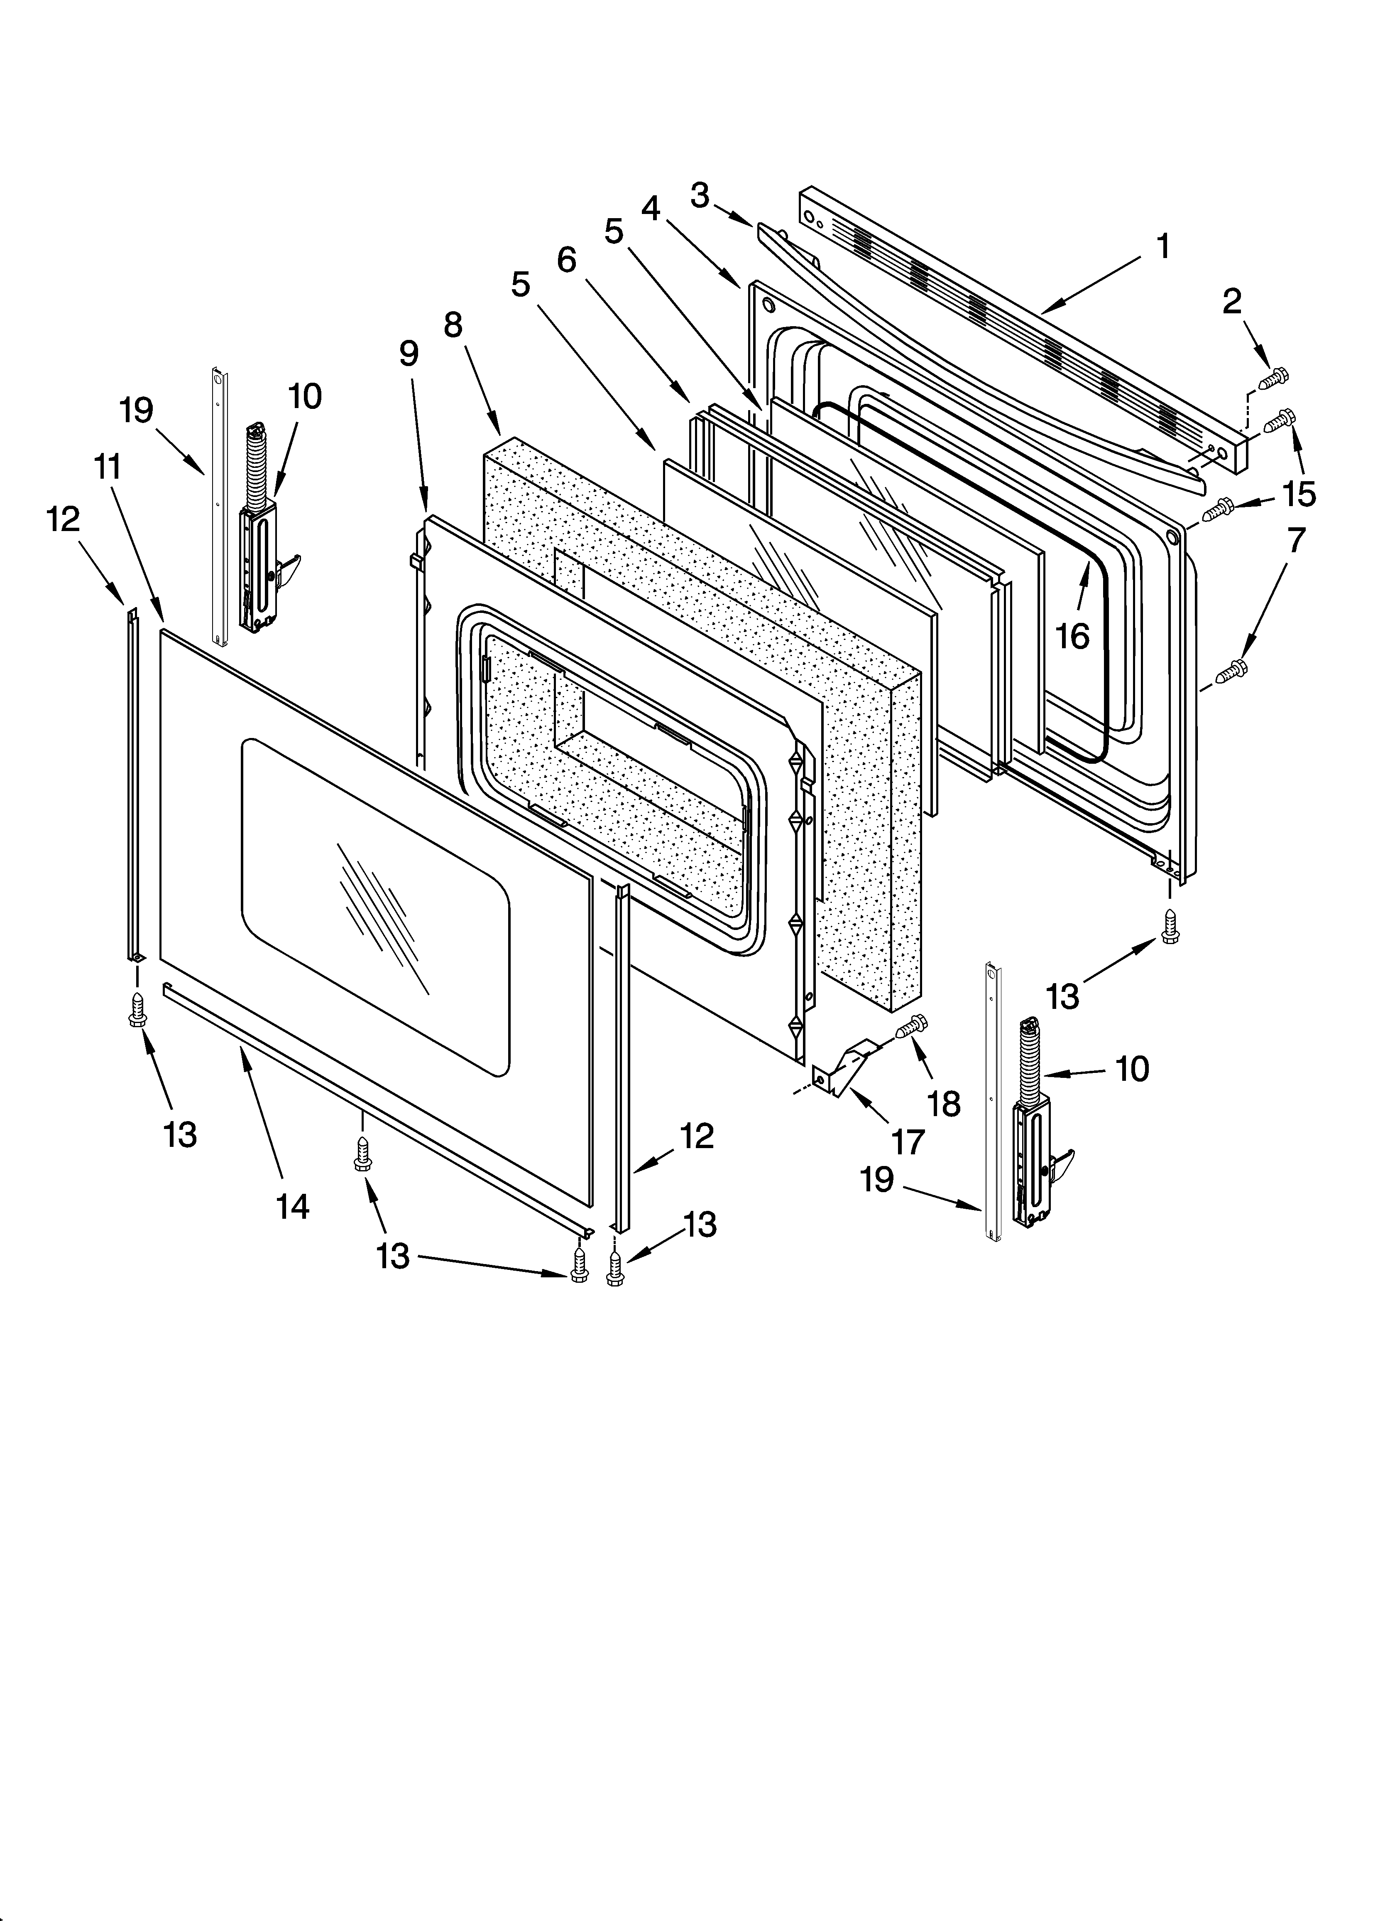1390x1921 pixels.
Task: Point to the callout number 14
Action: (292, 1206)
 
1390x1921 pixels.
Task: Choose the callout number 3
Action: (699, 196)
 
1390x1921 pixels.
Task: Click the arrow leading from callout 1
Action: (1092, 284)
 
